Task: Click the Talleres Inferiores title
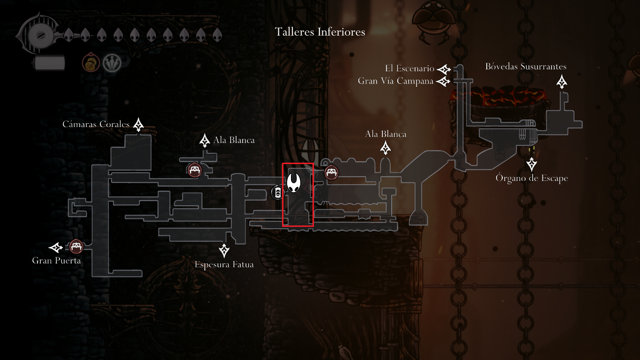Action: pos(320,32)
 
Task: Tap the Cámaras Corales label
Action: pos(96,124)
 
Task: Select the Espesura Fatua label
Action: pos(224,265)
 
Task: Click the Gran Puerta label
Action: pos(56,261)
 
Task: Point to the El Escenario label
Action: pos(409,69)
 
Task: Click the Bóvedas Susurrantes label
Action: pos(526,67)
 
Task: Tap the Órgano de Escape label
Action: pos(532,179)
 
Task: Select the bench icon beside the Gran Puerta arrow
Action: pos(76,246)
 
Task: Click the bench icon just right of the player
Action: pos(332,172)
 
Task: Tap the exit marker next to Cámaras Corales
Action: pos(138,125)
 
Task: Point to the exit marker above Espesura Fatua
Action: pos(224,250)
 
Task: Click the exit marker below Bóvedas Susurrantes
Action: pos(562,82)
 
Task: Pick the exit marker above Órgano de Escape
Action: pos(532,164)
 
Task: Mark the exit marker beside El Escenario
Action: pos(443,69)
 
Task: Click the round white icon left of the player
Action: pos(278,192)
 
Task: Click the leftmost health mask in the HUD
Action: pos(68,35)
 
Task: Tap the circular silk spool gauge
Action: pos(37,35)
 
